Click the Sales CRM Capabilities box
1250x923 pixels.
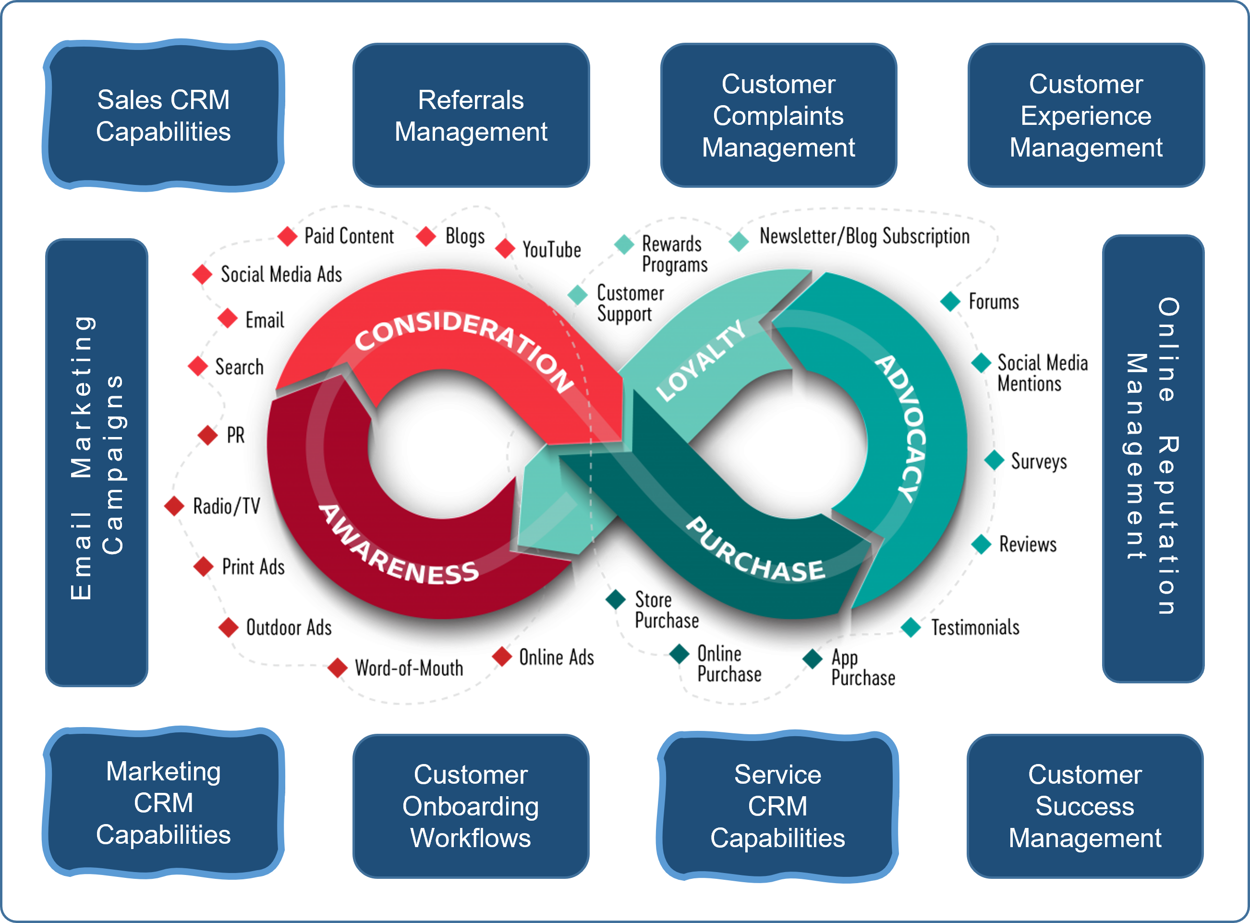tap(163, 116)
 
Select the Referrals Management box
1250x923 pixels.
tap(471, 116)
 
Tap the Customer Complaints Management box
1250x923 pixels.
tap(778, 116)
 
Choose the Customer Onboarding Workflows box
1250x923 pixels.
tap(471, 806)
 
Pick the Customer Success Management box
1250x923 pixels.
tap(1085, 806)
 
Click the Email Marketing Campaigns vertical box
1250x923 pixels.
tap(97, 462)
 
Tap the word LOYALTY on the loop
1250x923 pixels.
tap(701, 360)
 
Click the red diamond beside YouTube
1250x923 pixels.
tap(505, 249)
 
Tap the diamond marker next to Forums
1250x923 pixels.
tap(950, 302)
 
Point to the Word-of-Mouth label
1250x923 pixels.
tap(409, 668)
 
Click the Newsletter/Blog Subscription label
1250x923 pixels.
tap(864, 236)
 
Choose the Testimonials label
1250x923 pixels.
tap(975, 628)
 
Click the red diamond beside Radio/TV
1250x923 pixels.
tap(174, 506)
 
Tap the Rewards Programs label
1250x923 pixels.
tap(674, 254)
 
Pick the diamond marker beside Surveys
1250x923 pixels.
tap(994, 461)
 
